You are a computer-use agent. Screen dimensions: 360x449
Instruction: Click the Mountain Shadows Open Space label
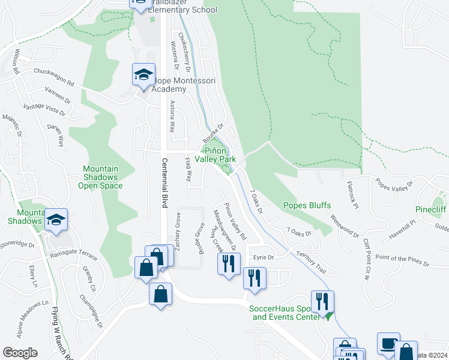(x=100, y=177)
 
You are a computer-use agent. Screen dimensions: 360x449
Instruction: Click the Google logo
(x=20, y=353)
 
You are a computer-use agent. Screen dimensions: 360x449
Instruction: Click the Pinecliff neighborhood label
(x=431, y=210)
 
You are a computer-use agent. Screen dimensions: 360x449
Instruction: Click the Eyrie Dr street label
(x=264, y=257)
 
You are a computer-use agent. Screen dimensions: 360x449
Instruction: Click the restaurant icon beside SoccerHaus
(x=322, y=302)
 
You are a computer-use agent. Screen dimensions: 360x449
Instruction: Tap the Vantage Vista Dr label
(x=44, y=109)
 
